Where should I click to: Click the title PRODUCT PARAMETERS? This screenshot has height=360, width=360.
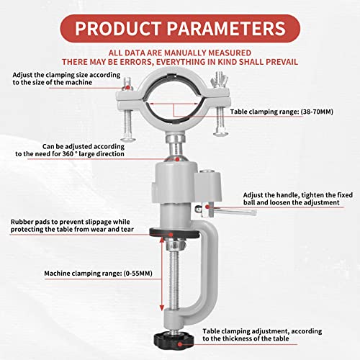point(179,28)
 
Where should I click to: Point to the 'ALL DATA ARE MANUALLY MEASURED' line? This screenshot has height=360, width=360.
point(179,53)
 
